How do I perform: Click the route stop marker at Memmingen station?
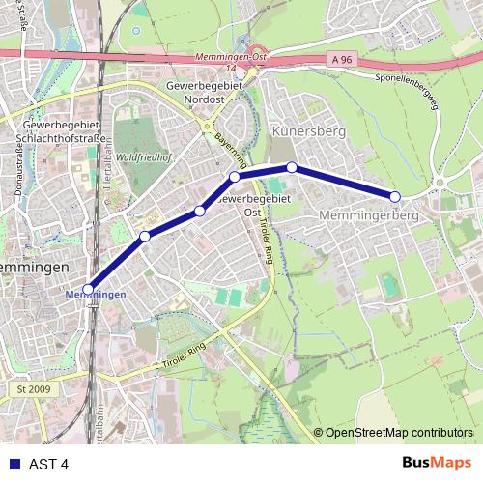[x=88, y=288]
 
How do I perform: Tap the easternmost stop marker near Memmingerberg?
[x=395, y=197]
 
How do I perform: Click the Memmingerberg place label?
[x=368, y=216]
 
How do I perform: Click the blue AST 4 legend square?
[x=12, y=464]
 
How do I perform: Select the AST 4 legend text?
[x=47, y=464]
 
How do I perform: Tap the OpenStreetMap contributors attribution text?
[x=400, y=433]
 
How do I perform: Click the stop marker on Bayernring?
[x=235, y=177]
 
